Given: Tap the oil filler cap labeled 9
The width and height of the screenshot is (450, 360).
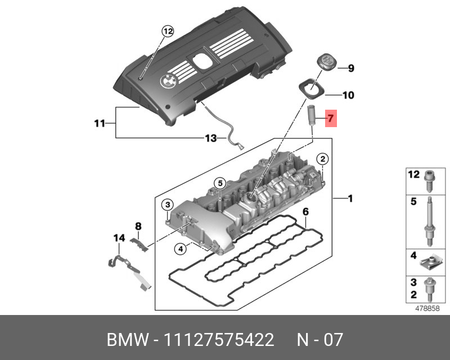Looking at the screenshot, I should [x=325, y=62].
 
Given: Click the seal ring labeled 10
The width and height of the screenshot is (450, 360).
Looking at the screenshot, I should [x=311, y=88].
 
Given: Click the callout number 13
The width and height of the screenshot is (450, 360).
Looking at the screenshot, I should [x=210, y=138].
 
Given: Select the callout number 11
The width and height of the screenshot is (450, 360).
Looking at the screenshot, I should [x=100, y=123].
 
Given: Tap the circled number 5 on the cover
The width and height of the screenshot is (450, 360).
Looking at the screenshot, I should [x=219, y=183].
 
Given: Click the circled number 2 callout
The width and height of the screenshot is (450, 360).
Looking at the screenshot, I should [x=322, y=159].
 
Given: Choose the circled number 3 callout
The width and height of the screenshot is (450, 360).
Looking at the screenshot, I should [x=168, y=204].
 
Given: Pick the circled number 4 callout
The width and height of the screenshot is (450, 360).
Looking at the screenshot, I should [x=181, y=248].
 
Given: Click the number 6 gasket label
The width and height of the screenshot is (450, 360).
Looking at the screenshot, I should [x=305, y=212].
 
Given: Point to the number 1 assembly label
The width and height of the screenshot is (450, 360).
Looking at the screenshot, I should [x=349, y=199].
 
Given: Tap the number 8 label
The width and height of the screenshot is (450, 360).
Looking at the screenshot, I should [x=138, y=226].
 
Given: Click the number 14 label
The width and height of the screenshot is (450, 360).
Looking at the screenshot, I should [x=119, y=238].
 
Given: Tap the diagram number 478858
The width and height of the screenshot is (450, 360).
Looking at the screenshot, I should [x=426, y=308].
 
